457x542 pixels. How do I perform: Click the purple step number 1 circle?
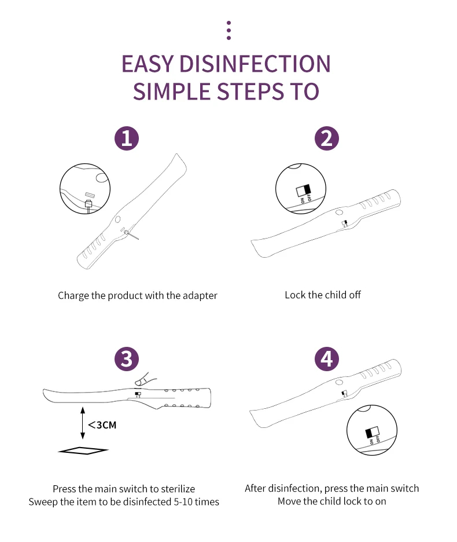click(x=127, y=138)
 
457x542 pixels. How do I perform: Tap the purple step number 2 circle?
click(x=327, y=138)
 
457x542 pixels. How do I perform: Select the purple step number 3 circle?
click(x=127, y=359)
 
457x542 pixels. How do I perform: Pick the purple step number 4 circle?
click(x=327, y=359)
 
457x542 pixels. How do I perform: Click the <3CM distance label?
click(x=102, y=425)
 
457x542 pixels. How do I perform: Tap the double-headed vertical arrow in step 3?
click(x=82, y=424)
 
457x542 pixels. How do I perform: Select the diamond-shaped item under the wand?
click(x=83, y=451)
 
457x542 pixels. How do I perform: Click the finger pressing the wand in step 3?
click(x=141, y=379)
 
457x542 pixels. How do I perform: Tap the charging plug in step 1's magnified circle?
click(x=89, y=204)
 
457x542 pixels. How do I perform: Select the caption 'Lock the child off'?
click(x=323, y=295)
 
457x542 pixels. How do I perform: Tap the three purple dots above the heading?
click(x=228, y=31)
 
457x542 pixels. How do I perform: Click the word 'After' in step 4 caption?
click(x=256, y=488)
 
